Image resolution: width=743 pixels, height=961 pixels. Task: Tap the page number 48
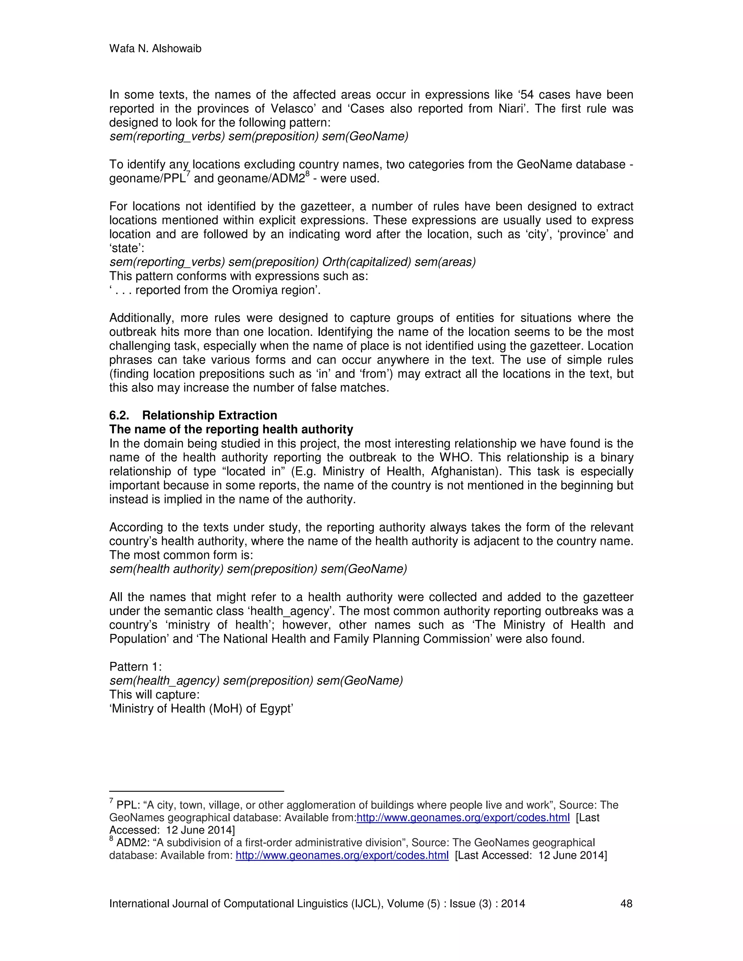626,903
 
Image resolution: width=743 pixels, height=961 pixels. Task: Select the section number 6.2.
119,415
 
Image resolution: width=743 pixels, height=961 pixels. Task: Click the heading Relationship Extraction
210,415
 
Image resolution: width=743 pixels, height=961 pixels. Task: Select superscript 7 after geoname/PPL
188,174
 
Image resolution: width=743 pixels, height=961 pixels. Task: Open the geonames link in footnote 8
342,855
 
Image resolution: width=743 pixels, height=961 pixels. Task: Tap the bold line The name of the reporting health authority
231,429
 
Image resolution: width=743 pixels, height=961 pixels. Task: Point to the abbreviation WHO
454,458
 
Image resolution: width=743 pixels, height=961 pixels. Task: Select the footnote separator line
196,791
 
